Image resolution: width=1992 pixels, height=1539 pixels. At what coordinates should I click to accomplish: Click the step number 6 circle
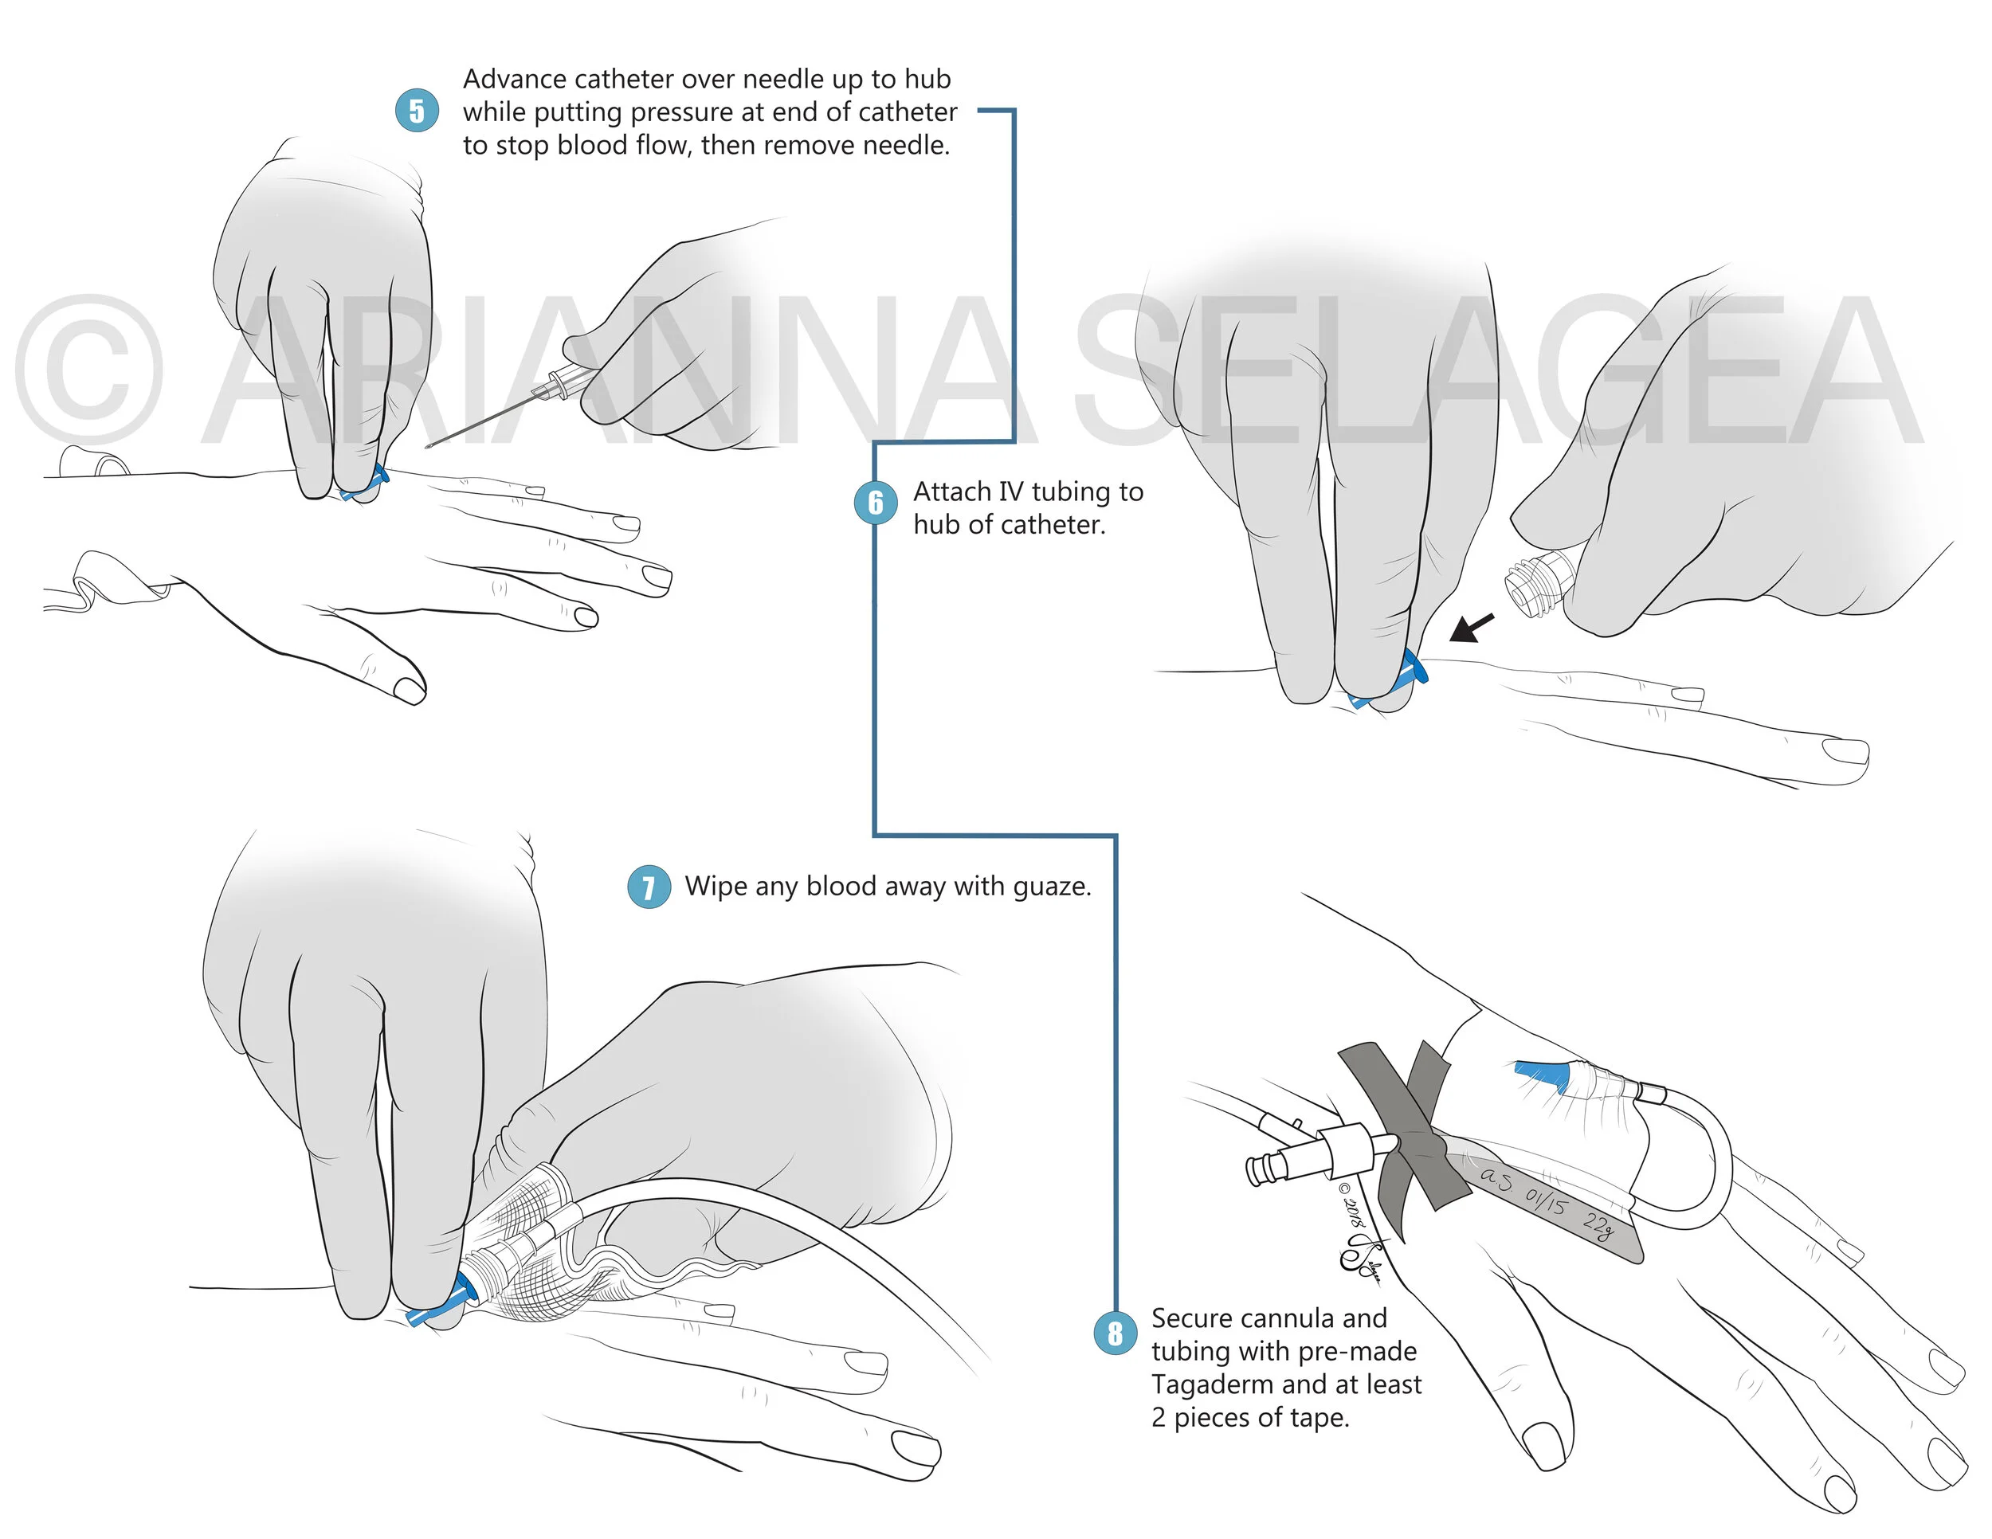(876, 503)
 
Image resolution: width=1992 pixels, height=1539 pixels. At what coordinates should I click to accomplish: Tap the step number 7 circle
(649, 887)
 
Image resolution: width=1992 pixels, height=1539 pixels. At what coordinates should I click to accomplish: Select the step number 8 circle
(1115, 1333)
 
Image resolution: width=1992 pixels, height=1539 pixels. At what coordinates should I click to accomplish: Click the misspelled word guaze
(1047, 887)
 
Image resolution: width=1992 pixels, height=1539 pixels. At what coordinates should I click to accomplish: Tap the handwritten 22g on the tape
(1597, 1225)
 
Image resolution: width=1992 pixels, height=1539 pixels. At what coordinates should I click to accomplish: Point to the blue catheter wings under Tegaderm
(1542, 1076)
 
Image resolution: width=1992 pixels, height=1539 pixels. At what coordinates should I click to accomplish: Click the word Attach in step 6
(952, 492)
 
